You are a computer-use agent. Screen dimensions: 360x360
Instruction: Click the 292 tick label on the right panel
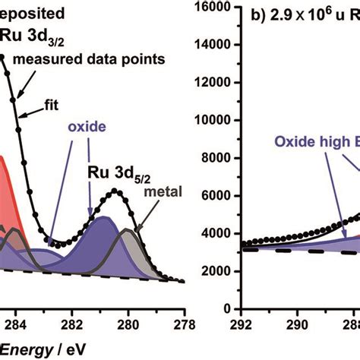coord(242,323)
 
